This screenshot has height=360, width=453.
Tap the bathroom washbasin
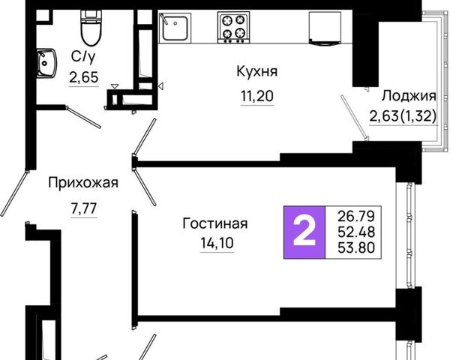click(46, 63)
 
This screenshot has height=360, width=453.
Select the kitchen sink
click(174, 28)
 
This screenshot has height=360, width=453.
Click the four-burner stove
click(233, 28)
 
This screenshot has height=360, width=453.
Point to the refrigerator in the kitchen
click(325, 28)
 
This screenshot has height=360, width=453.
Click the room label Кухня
click(256, 71)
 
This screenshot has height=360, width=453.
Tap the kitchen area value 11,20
click(257, 96)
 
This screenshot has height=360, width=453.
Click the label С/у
click(83, 57)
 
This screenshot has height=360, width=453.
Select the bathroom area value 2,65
click(84, 77)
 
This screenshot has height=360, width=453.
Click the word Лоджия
click(409, 96)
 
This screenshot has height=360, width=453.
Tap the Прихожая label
click(83, 183)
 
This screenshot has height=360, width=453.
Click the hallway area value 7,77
click(84, 208)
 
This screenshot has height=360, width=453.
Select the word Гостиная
click(215, 223)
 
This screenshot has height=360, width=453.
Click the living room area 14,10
click(217, 243)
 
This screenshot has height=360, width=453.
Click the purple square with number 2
click(304, 232)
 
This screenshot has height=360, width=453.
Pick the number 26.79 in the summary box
click(356, 216)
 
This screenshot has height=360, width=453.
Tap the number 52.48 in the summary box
click(356, 232)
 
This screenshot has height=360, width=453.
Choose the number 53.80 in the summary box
click(356, 247)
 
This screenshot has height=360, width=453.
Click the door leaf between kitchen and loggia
click(354, 117)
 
